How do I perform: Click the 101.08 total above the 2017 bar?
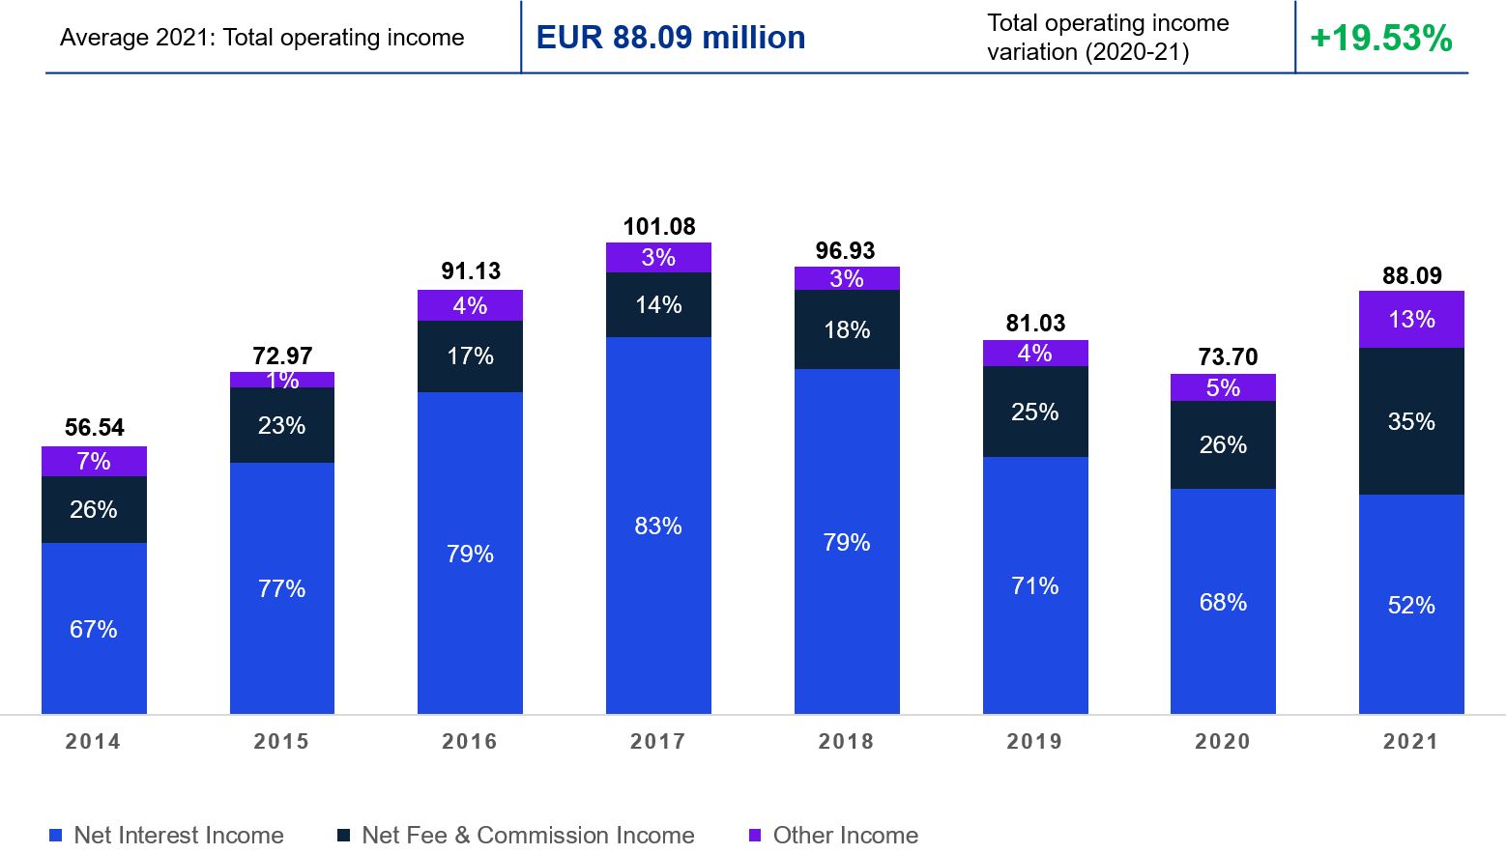pyautogui.click(x=659, y=227)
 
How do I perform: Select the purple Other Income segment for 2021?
pyautogui.click(x=1411, y=320)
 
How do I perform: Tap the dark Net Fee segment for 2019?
pyautogui.click(x=1035, y=412)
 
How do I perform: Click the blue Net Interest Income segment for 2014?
pyautogui.click(x=94, y=628)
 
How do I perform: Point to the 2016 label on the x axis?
pyautogui.click(x=470, y=742)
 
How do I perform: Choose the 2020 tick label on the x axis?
pyautogui.click(x=1223, y=742)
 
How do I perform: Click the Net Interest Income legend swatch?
pyautogui.click(x=55, y=836)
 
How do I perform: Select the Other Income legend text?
pyautogui.click(x=845, y=836)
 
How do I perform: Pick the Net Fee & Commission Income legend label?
pyautogui.click(x=528, y=836)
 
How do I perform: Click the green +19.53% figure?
pyautogui.click(x=1380, y=39)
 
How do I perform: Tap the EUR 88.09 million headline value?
pyautogui.click(x=671, y=38)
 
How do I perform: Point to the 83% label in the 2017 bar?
pyautogui.click(x=658, y=527)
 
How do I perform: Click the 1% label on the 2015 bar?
pyautogui.click(x=282, y=381)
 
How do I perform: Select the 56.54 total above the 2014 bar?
pyautogui.click(x=95, y=428)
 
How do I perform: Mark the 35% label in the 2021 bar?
pyautogui.click(x=1411, y=422)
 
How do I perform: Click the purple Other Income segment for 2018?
pyautogui.click(x=847, y=278)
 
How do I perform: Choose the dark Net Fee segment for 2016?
pyautogui.click(x=470, y=356)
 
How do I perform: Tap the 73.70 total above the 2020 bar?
pyautogui.click(x=1228, y=357)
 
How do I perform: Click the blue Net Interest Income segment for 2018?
pyautogui.click(x=847, y=541)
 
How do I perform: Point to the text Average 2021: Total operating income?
pyautogui.click(x=262, y=38)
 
